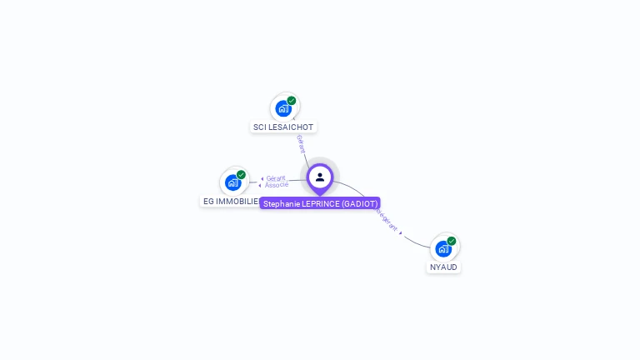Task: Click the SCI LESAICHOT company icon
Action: pos(284,108)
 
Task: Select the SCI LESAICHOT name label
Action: pos(283,127)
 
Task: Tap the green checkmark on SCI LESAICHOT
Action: pos(292,101)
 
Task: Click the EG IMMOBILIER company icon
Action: pos(233,182)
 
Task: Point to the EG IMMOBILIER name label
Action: pos(230,201)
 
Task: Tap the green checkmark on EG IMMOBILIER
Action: pos(241,175)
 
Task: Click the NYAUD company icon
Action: pos(443,248)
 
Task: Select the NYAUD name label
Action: pos(443,267)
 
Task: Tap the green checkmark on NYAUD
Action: pos(451,241)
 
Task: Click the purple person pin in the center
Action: pos(320,177)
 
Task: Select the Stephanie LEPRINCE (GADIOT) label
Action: pos(320,203)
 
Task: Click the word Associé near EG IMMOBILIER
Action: pos(277,185)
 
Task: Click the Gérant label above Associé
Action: pos(276,177)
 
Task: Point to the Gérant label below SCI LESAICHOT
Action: pos(301,143)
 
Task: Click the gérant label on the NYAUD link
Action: pos(388,221)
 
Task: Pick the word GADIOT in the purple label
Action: pos(359,203)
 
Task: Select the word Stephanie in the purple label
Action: pos(282,203)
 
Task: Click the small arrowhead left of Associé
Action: pos(261,185)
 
